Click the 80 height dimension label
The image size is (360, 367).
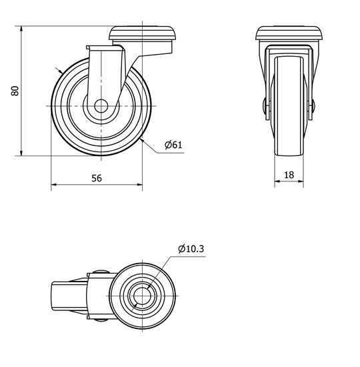(15, 91)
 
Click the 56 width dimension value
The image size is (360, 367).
(97, 178)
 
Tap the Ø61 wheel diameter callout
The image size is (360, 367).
(173, 145)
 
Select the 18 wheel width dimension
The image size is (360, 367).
(289, 175)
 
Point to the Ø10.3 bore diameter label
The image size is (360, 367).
(191, 249)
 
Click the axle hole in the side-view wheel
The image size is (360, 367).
(101, 106)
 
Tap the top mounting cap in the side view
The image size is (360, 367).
(142, 33)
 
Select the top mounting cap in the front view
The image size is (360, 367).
(289, 33)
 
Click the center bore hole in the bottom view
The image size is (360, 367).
(142, 296)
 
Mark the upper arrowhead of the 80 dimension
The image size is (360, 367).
(21, 29)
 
